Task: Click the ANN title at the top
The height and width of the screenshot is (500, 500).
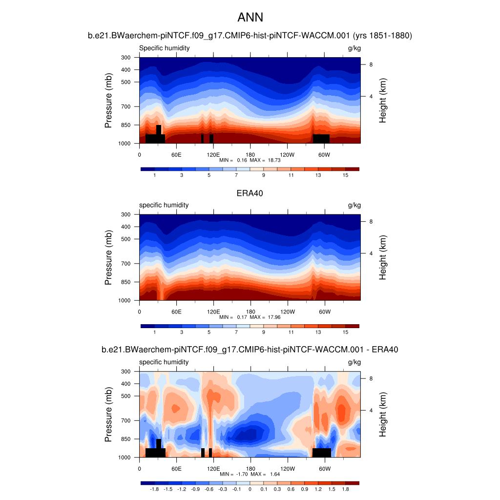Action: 250,18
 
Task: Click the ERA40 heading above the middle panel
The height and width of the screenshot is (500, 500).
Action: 250,193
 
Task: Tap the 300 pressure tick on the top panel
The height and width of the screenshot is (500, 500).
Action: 125,58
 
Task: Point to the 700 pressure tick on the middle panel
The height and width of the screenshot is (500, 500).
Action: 125,264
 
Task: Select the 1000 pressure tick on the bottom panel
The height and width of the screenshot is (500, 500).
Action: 124,458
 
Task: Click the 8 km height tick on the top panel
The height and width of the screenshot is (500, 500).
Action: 371,64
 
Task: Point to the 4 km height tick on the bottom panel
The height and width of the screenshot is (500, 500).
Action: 371,410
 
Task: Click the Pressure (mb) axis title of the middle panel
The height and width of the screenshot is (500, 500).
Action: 108,257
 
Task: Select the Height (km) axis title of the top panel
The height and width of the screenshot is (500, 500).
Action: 383,100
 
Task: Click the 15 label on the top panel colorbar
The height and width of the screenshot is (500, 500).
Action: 345,175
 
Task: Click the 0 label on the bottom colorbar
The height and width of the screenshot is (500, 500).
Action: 250,489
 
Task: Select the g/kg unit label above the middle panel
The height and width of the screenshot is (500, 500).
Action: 354,205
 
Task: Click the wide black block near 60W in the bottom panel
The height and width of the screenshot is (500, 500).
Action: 322,453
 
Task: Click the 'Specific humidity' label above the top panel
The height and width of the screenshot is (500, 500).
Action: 165,48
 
